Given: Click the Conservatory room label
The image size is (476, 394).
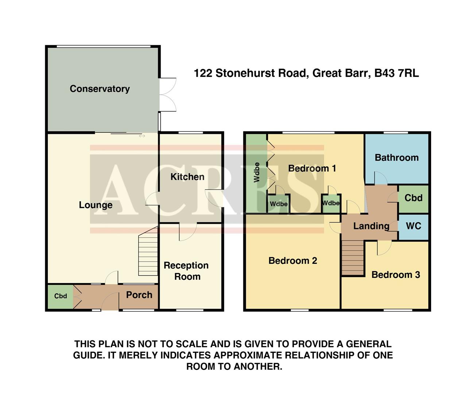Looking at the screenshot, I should [x=100, y=89].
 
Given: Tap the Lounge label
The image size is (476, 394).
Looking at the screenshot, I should [x=96, y=205].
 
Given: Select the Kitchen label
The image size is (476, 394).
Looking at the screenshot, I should [x=187, y=177].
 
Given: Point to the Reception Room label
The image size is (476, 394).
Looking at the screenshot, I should [x=186, y=271].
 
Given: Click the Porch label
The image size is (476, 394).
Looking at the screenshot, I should [x=139, y=295].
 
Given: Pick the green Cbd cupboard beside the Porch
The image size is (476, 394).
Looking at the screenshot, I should [x=61, y=296].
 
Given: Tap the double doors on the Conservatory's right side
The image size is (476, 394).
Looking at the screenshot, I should [x=167, y=94].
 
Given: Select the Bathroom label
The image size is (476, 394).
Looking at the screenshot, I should [x=396, y=158].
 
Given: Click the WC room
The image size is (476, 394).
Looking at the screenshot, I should [x=413, y=226].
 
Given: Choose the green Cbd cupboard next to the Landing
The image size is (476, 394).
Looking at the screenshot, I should [x=413, y=198].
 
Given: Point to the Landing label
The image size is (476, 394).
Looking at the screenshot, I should [x=371, y=226].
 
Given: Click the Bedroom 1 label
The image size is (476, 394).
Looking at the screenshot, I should [x=312, y=169].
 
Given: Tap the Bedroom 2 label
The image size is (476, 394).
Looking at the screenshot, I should [x=293, y=261].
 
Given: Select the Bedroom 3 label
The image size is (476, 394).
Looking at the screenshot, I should [x=395, y=275].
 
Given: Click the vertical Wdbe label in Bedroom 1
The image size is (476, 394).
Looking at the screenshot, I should [x=257, y=172].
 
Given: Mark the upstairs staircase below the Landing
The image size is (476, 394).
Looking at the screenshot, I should [x=353, y=258].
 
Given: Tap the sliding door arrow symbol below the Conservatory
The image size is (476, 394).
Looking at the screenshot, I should [x=142, y=136].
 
